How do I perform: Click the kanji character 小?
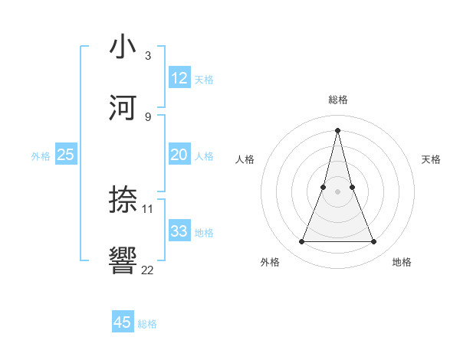tap(123, 48)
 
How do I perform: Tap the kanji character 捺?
tap(123, 201)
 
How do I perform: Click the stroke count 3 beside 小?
tap(148, 56)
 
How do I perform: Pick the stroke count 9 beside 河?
tap(148, 116)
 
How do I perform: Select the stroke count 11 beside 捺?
tap(148, 208)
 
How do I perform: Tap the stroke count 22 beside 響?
tap(148, 269)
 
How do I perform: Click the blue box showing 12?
tap(179, 78)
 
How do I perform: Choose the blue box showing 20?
tap(179, 155)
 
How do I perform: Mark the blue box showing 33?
tap(179, 231)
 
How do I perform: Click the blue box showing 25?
tap(66, 155)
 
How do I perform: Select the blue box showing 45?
tap(123, 322)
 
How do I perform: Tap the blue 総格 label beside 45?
tap(147, 324)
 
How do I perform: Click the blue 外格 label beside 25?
tap(41, 156)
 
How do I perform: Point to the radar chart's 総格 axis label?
tap(338, 100)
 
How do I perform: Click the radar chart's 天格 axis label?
tap(432, 159)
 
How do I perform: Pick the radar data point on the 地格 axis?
tap(374, 242)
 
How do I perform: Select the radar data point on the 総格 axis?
tap(338, 130)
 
